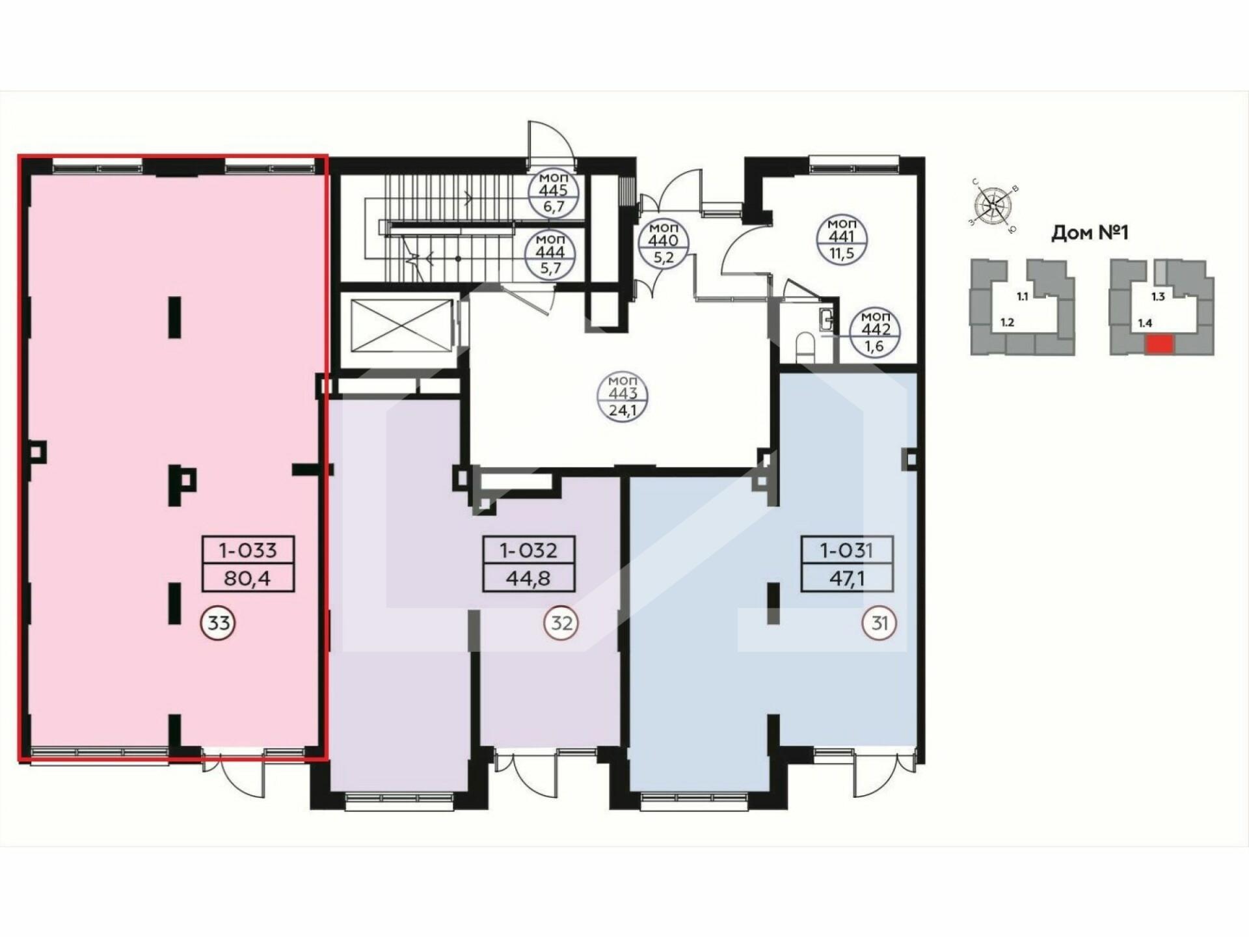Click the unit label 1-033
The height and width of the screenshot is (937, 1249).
click(248, 550)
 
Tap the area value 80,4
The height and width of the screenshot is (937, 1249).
click(247, 578)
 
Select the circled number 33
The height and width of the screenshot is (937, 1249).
click(218, 623)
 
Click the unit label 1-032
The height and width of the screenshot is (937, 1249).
click(528, 550)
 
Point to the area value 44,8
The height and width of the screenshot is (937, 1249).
click(528, 578)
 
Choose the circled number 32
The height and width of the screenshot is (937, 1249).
click(561, 623)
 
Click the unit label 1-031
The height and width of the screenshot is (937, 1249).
click(846, 550)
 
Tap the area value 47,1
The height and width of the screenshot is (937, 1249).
click(846, 578)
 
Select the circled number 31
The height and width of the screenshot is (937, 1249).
click(880, 623)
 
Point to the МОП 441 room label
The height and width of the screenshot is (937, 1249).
click(841, 239)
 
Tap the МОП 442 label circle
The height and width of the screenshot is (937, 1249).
click(876, 331)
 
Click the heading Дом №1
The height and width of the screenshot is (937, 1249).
click(1089, 233)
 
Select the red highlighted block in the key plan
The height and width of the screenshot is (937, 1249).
click(1160, 344)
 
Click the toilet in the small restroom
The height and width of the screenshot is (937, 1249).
click(805, 345)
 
